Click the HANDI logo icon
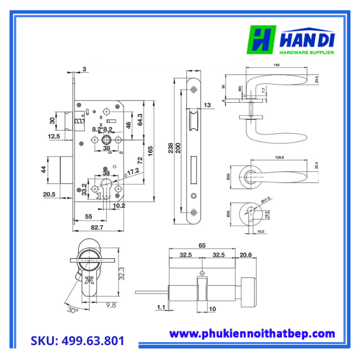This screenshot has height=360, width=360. pyautogui.click(x=263, y=40)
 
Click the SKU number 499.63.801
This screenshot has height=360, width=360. pyautogui.click(x=77, y=340)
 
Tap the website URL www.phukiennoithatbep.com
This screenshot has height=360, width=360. pyautogui.click(x=252, y=334)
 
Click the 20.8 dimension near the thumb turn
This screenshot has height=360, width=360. pyautogui.click(x=246, y=255)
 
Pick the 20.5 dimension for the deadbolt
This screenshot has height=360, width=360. pyautogui.click(x=49, y=194)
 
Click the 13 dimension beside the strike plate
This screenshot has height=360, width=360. pyautogui.click(x=207, y=105)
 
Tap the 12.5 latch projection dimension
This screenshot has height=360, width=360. pyautogui.click(x=53, y=136)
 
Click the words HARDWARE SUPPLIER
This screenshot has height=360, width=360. pyautogui.click(x=307, y=52)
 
